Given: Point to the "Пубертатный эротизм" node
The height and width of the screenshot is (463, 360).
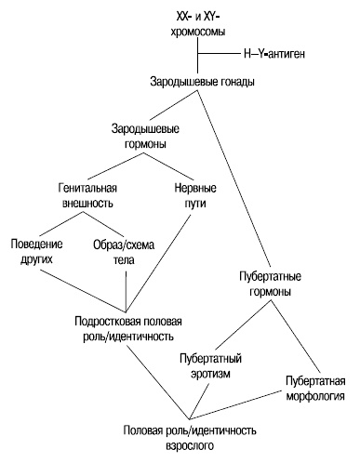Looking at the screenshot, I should point(212,365).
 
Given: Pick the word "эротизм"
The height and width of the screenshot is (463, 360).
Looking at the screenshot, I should point(212,373).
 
